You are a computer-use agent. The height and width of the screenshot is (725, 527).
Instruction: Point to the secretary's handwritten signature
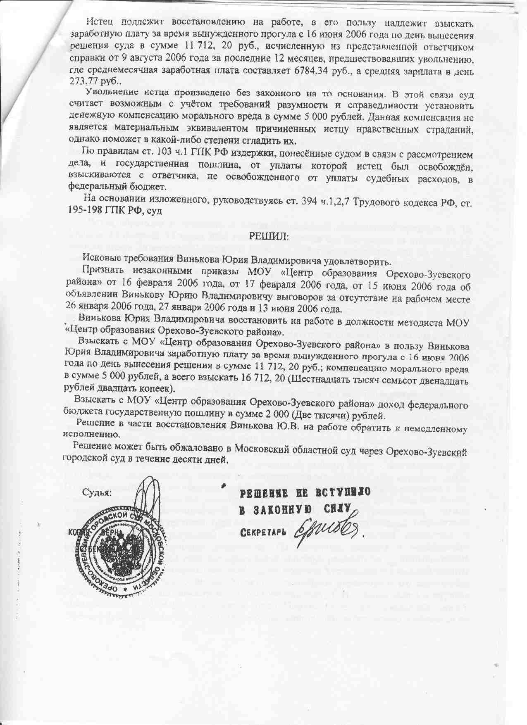pos(324,530)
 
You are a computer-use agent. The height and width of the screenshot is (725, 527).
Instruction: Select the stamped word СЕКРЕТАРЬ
pos(263,531)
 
